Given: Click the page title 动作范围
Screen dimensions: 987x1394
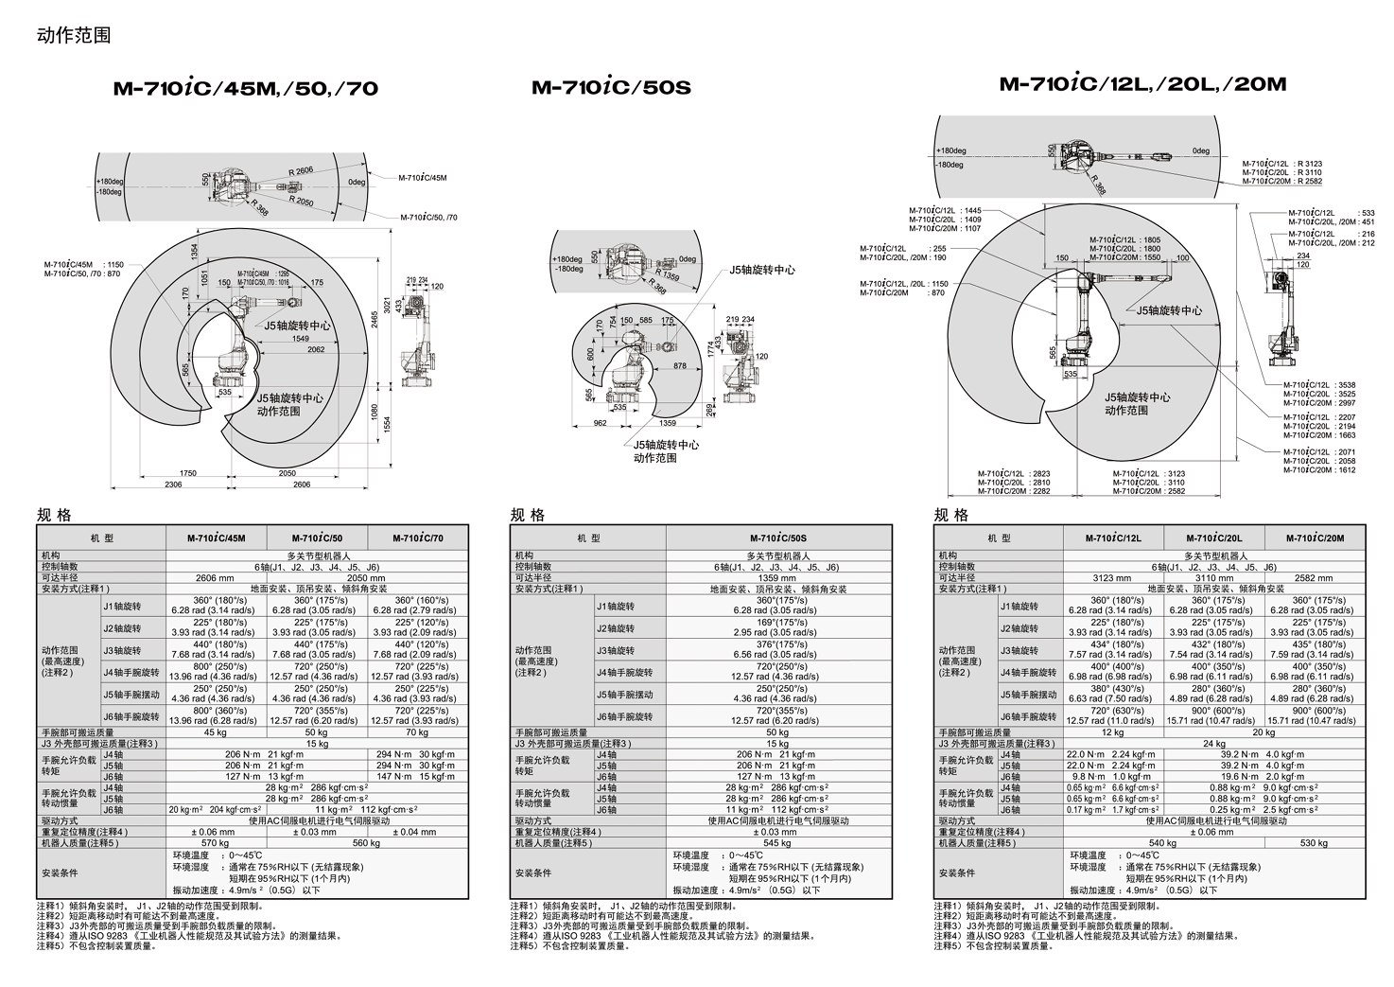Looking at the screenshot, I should (x=74, y=35).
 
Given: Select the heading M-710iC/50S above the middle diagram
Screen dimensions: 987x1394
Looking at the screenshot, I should (x=611, y=88).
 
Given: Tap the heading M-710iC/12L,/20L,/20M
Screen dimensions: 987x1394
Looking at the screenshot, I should (x=1142, y=84).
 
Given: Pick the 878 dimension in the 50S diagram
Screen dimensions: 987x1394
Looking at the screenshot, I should (x=680, y=365).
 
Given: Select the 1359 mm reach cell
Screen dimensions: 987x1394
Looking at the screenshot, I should (x=778, y=577).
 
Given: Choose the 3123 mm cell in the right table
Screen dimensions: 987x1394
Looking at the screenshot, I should (x=1112, y=577).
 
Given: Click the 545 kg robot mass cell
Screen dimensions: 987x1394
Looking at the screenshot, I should (x=778, y=843).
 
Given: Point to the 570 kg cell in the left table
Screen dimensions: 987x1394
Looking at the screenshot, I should (x=216, y=843).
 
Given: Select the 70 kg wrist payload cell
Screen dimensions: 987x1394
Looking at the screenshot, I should (x=417, y=732).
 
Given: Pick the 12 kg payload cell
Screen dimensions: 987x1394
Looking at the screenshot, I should (x=1112, y=732).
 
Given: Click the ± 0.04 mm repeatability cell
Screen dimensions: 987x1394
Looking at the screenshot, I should (x=417, y=832).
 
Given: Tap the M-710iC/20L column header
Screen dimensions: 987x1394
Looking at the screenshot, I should (x=1213, y=538).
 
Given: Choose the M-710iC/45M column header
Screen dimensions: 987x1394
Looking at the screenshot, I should (x=216, y=538).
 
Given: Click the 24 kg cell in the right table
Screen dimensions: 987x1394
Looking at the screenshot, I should (x=1213, y=744).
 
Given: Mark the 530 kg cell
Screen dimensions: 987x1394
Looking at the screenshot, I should (x=1315, y=843).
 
